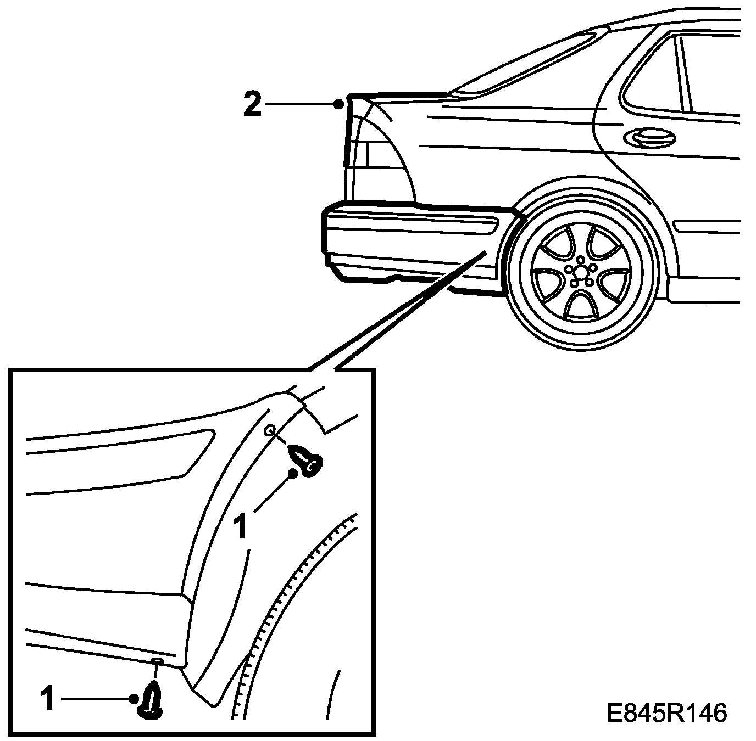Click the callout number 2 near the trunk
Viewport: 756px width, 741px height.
tap(253, 104)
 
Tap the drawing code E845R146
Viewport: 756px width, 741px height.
tap(667, 712)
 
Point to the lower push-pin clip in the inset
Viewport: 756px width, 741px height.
tap(150, 700)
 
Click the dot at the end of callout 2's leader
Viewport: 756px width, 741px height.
tap(340, 103)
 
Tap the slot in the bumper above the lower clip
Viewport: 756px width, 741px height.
tap(157, 659)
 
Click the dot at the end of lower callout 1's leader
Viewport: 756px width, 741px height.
tap(134, 699)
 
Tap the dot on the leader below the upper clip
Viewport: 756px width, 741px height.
tap(294, 473)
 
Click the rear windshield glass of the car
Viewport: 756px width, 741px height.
tap(527, 63)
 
